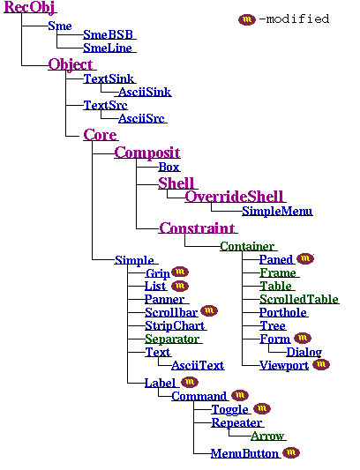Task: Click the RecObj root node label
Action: point(29,8)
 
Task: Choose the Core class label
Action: point(100,135)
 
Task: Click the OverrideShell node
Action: point(234,196)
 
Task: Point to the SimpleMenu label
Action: point(277,212)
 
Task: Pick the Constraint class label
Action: point(197,228)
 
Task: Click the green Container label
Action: point(247,246)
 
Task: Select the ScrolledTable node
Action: point(298,299)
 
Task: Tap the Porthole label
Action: point(283,312)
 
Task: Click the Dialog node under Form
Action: point(304,352)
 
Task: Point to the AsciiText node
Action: point(198,364)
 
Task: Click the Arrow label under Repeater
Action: point(267,436)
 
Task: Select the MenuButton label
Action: point(244,453)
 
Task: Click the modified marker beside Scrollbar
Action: point(210,311)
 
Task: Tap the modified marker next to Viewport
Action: point(321,364)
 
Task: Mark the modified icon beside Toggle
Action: point(261,409)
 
